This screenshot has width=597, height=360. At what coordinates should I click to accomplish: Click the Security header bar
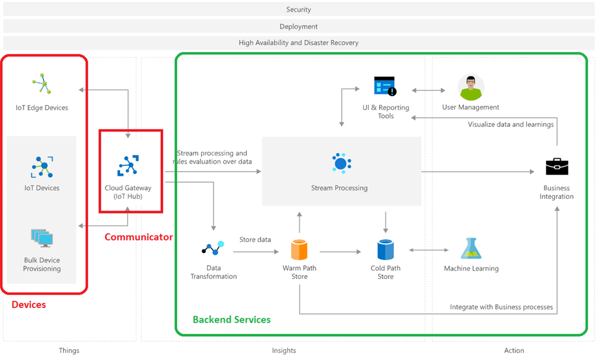pos(298,9)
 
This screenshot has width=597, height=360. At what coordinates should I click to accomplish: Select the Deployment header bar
pos(298,26)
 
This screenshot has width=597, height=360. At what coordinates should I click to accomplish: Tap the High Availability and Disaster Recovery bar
pos(298,43)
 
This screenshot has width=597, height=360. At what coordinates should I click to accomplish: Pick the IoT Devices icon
pos(42,167)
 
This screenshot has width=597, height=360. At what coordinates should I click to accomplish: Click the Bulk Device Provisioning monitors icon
pos(42,237)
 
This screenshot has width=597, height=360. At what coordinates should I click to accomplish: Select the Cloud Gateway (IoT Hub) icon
pos(128,166)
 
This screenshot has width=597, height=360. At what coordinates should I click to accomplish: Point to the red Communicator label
pos(139,237)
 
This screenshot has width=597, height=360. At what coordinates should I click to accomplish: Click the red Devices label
pos(29,305)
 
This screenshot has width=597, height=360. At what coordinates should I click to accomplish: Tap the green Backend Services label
pos(231,320)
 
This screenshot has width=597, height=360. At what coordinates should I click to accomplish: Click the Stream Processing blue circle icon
pos(340,163)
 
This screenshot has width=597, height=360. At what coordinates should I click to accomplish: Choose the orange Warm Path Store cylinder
pos(299,250)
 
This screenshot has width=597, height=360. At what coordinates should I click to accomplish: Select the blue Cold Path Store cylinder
pos(385,250)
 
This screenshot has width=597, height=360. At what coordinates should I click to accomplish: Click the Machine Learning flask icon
pos(471,249)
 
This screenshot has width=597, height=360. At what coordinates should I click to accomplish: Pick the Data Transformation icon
pos(213,248)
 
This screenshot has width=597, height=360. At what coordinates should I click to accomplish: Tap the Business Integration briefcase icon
pos(557,167)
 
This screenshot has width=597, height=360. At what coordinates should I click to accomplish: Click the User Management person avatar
pos(470,87)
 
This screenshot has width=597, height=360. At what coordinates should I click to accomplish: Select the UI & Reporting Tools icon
pos(385,86)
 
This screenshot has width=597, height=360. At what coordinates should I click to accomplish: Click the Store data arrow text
pos(255,240)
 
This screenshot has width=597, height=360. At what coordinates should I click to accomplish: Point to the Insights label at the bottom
pos(284,351)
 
